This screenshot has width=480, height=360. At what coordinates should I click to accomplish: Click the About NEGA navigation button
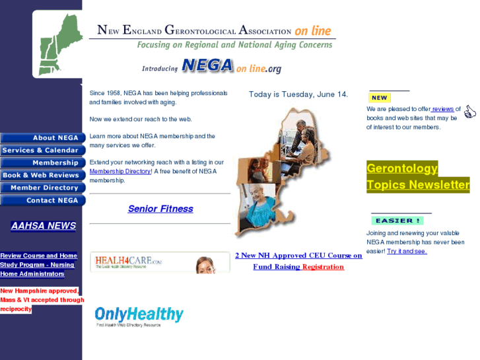click(42, 138)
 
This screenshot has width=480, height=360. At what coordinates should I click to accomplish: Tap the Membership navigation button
click(42, 163)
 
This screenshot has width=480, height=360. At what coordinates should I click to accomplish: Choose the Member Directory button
click(42, 188)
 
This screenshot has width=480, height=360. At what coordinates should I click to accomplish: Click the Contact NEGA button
click(42, 201)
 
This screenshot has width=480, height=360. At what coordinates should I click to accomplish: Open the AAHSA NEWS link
click(44, 226)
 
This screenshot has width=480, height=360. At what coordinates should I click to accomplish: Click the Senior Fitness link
click(160, 209)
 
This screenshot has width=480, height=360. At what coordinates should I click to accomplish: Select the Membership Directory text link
click(120, 171)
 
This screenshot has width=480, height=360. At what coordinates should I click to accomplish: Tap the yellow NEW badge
click(380, 98)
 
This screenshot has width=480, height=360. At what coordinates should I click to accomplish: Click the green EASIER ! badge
click(397, 221)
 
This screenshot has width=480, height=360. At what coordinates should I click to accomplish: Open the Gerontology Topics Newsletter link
click(417, 176)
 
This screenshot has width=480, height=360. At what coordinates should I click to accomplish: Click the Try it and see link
click(407, 251)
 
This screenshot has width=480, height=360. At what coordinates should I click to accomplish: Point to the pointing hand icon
click(469, 112)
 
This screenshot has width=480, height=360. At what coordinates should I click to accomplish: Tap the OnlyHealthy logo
click(139, 315)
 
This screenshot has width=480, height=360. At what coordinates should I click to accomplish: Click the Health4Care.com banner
click(159, 263)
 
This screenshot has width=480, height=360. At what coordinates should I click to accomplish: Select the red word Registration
click(323, 267)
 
